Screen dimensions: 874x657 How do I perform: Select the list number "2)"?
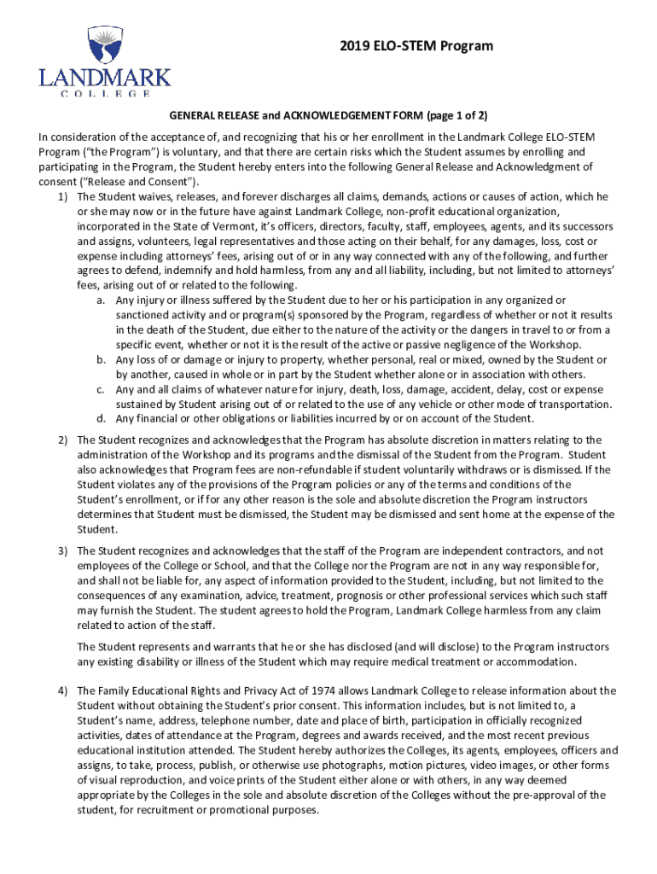click(62, 440)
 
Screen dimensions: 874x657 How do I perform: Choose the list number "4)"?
click(62, 690)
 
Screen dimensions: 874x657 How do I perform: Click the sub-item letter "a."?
click(101, 300)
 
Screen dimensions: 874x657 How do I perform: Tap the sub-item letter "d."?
click(101, 418)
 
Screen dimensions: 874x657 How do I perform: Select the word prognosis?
click(358, 596)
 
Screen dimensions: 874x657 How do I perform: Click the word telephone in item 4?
click(197, 720)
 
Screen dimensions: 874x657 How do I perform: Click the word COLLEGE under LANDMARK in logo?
click(104, 93)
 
